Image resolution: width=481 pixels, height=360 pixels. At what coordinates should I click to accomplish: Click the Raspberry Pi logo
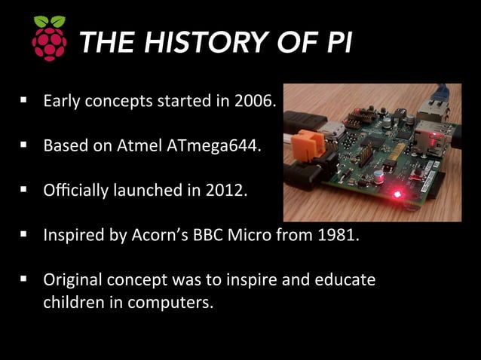point(49,38)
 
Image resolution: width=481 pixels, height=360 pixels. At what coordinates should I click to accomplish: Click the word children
point(72,304)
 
